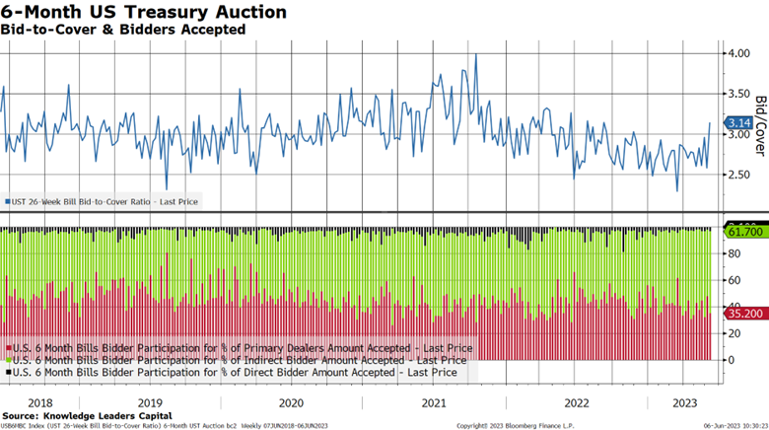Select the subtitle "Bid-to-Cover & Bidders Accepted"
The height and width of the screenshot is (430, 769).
123,30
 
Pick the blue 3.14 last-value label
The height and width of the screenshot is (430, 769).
738,123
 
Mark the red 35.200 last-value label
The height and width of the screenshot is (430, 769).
742,312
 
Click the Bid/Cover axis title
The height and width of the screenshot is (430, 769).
760,127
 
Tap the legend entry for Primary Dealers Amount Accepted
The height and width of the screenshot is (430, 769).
240,348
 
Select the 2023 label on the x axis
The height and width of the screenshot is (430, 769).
685,402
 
